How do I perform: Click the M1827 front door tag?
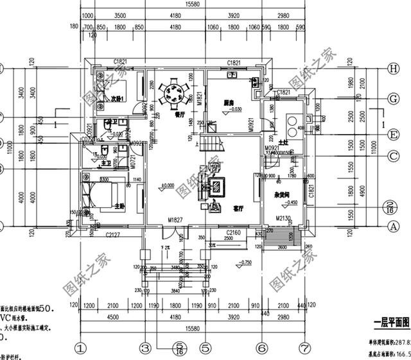(176, 220)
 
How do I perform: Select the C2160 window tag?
(234, 233)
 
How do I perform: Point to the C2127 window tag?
(114, 234)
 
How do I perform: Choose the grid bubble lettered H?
(392, 69)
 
